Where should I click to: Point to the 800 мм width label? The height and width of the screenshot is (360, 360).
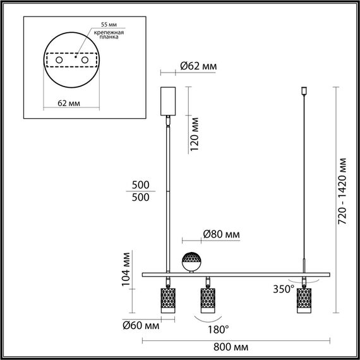point(232,347)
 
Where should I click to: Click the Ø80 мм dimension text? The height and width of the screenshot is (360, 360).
point(221,234)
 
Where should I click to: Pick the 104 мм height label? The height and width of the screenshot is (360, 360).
point(126,270)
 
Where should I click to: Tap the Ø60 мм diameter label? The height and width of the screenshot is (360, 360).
point(140,326)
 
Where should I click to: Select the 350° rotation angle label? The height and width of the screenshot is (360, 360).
point(284,289)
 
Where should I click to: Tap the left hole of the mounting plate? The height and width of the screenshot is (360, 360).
point(59,59)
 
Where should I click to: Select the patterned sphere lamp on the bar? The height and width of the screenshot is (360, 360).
point(191,260)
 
